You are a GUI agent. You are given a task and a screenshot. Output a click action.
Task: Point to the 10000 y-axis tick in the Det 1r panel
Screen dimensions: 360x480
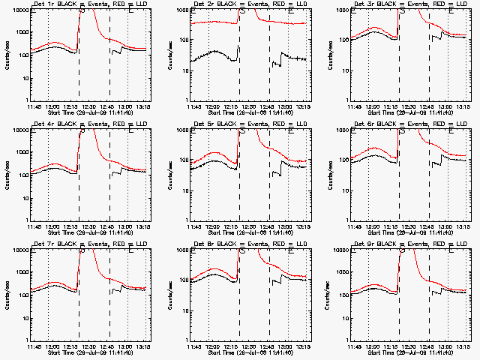(19, 10)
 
